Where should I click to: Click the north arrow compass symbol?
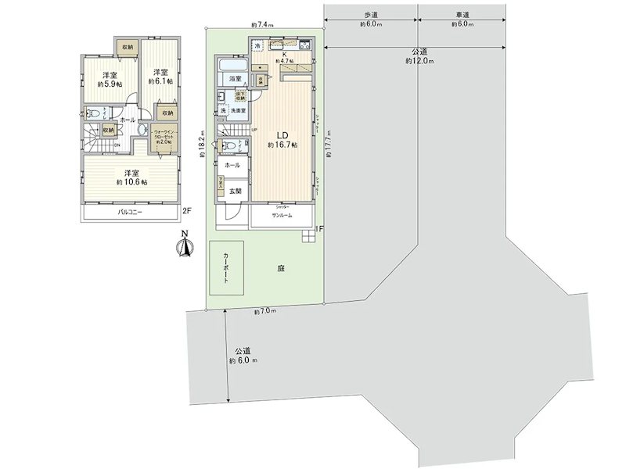point(185,245)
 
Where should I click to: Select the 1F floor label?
point(319,230)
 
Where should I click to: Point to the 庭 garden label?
point(279,268)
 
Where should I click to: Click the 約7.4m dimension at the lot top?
point(262,25)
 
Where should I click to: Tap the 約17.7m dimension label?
point(331,149)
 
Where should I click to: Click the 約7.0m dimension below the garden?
point(265,312)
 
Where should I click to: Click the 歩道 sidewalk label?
point(371,15)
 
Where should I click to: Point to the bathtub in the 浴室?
point(233,64)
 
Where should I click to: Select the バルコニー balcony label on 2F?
point(130,212)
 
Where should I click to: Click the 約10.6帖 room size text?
point(130,181)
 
